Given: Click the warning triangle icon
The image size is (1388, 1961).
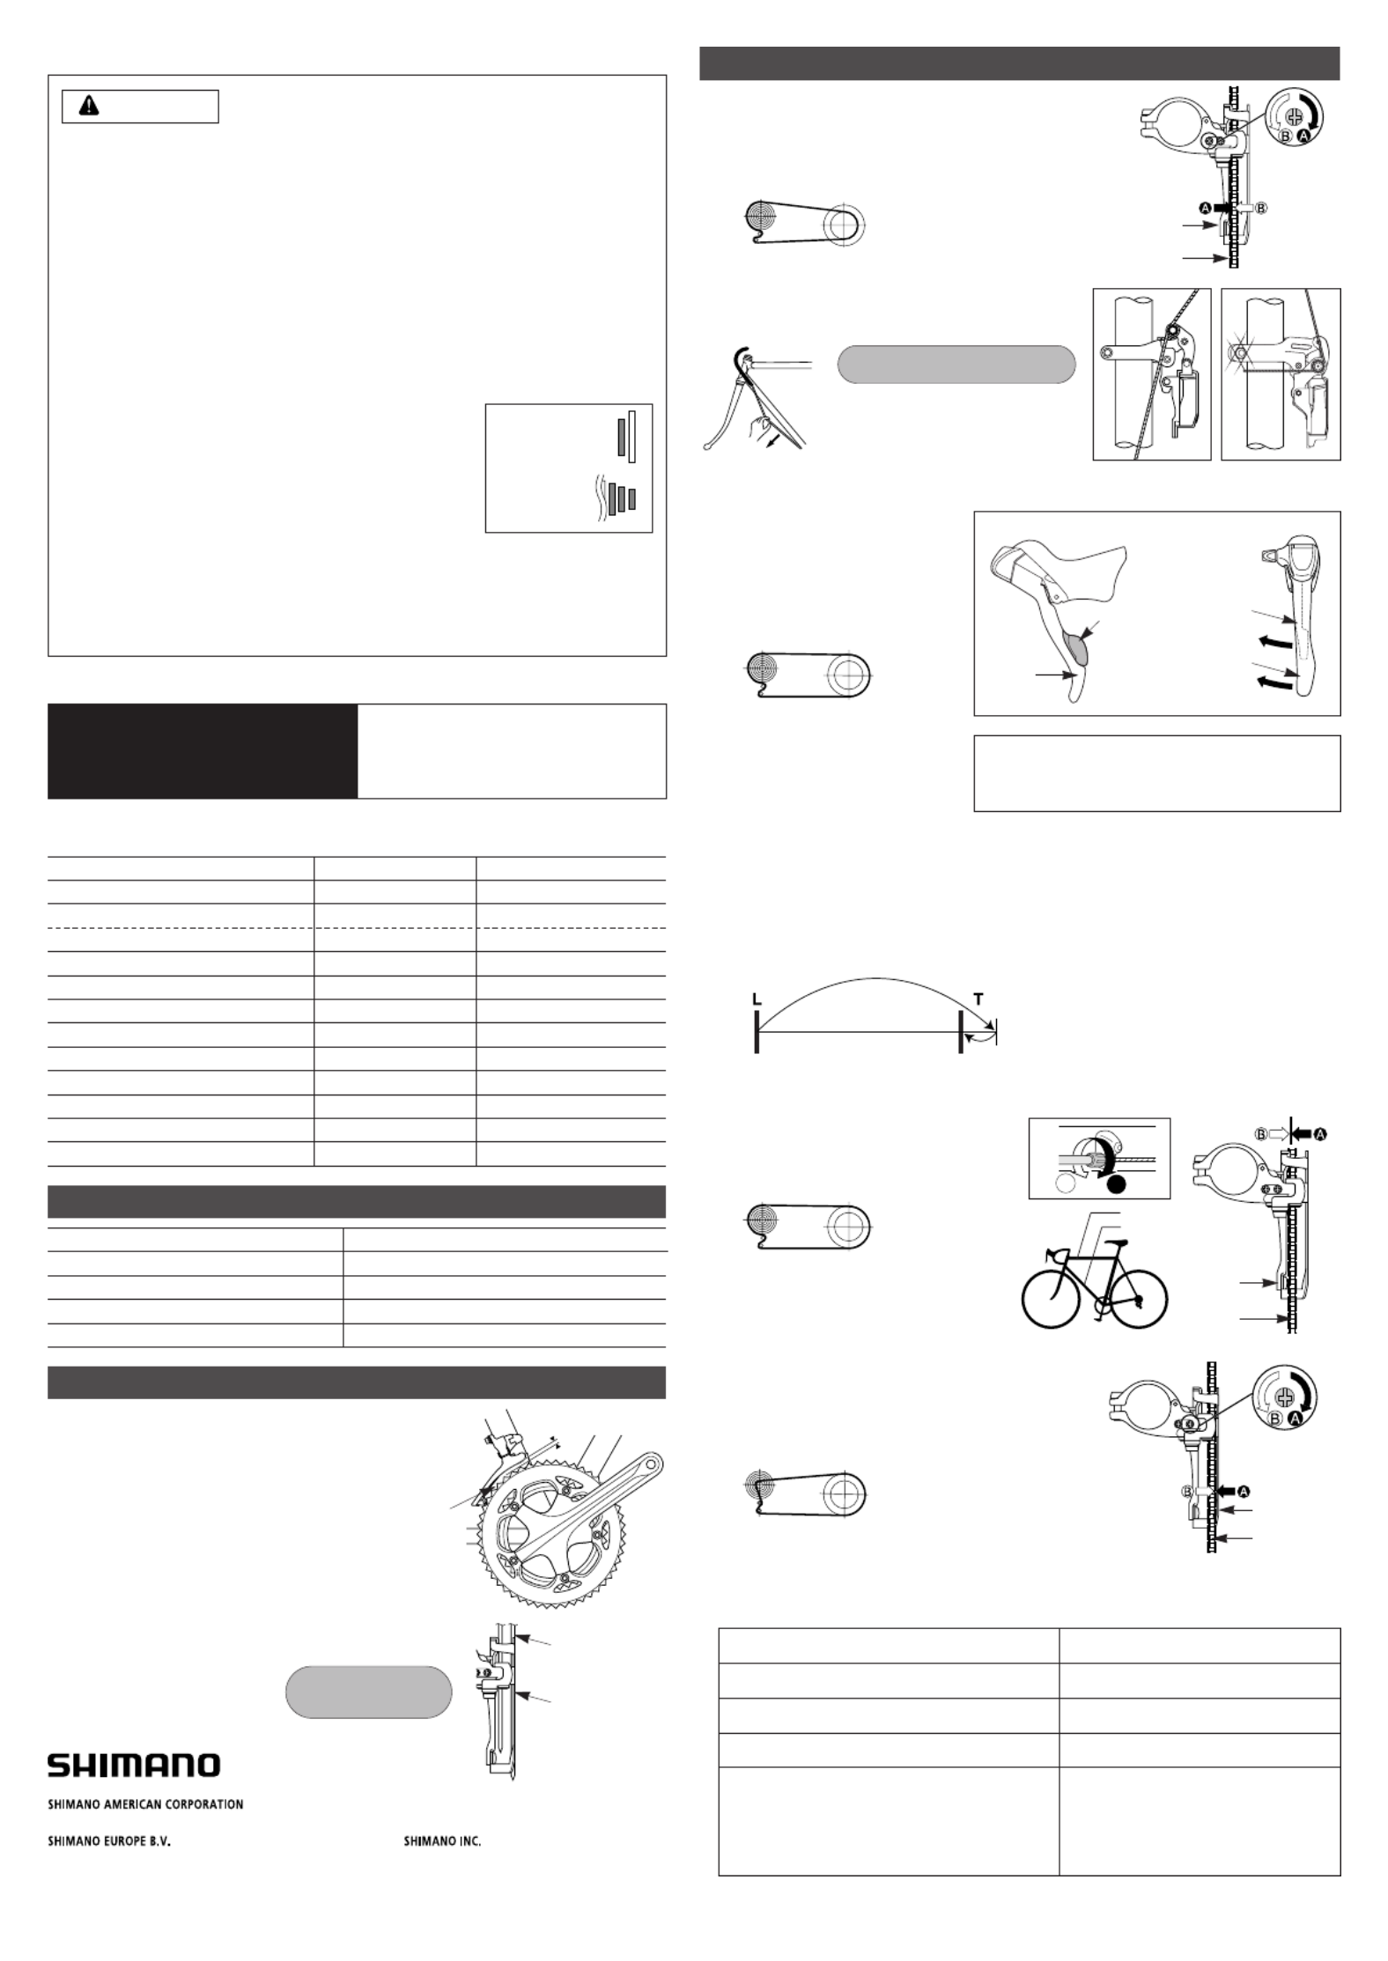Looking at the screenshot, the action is (89, 107).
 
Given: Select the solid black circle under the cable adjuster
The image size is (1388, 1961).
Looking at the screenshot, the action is (1118, 1185).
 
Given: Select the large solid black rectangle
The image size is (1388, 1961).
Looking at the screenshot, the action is (203, 750).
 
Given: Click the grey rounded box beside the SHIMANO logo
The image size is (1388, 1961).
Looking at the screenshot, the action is (369, 1692).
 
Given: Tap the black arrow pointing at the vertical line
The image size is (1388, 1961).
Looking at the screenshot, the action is (1306, 1135).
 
